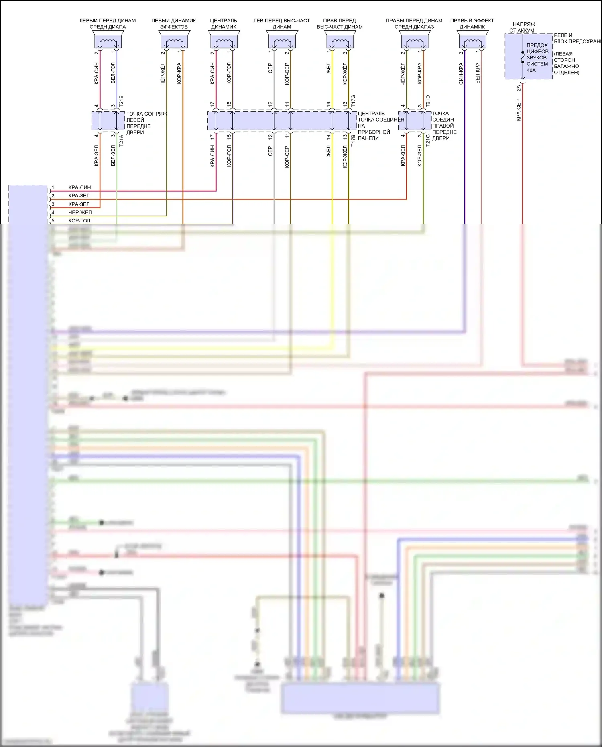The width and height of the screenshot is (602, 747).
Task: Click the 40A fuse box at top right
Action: click(529, 57)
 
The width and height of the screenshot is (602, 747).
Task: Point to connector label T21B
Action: click(121, 101)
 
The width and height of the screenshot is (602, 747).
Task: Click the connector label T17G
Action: click(353, 101)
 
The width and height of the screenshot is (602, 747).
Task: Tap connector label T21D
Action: click(428, 101)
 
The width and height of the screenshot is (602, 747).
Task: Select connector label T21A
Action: click(121, 140)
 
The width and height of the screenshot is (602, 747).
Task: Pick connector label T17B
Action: click(353, 140)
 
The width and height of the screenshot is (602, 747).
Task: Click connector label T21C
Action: click(428, 140)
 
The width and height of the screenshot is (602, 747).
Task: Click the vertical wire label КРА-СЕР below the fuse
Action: click(518, 110)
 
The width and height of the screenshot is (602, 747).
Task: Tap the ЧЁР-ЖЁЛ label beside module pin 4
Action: click(80, 212)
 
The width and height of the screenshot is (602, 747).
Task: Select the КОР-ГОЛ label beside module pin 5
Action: click(79, 221)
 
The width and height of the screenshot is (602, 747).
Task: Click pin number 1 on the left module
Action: click(53, 187)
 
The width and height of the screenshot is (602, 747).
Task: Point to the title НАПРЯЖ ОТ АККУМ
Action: click(523, 27)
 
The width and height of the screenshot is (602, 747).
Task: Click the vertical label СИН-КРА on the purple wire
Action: click(461, 73)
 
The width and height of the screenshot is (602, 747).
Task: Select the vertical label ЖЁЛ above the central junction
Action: click(328, 68)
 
